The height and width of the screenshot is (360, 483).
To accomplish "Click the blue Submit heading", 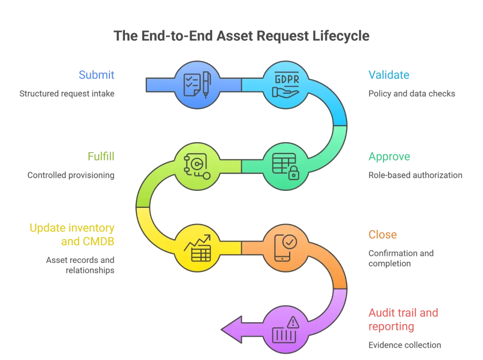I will point(97,75).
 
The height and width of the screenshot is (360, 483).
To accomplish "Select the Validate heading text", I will point(388,75).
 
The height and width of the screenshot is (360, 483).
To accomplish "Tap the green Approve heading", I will point(389,157).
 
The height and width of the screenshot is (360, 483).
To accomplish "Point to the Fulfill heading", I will point(101,157).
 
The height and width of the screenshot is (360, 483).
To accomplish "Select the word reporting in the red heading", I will point(391,326).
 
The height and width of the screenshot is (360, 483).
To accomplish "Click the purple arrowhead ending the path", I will point(233,328).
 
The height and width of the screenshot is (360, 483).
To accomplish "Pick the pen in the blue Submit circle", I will point(206,84).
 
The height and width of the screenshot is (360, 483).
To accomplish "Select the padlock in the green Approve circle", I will point(293,173).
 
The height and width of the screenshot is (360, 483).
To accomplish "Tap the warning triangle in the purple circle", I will point(293,322).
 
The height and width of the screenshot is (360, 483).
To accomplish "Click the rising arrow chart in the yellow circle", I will point(197,244).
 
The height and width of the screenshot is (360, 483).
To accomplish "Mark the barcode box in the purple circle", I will point(283,335).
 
